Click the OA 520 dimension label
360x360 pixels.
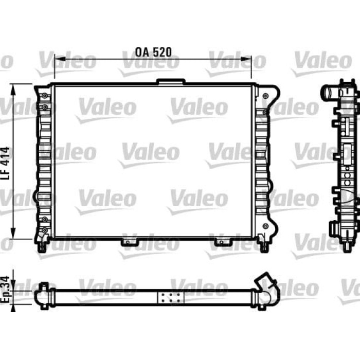coord(153,52)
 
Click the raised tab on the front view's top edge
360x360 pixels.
coord(171,81)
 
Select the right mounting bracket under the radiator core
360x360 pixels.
coord(223,240)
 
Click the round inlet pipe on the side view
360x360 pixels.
coord(327,94)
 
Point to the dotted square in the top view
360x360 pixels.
coord(170,298)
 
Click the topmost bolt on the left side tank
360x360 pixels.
coord(45,96)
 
